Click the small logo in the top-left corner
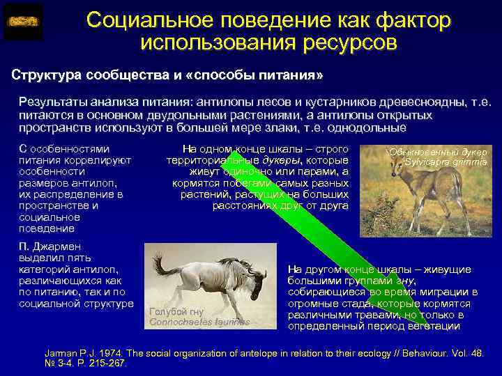pyautogui.click(x=23, y=22)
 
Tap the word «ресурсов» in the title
pyautogui.click(x=351, y=42)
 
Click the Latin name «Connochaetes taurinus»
pyautogui.click(x=199, y=322)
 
